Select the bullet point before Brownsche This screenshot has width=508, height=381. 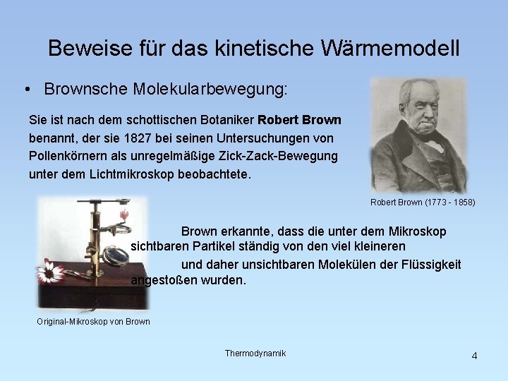click(x=26, y=90)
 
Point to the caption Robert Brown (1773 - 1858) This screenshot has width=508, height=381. click(x=423, y=202)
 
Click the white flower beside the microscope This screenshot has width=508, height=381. click(x=50, y=270)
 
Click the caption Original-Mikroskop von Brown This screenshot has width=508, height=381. click(x=93, y=322)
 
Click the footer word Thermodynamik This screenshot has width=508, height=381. click(x=255, y=353)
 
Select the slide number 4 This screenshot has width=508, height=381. click(x=474, y=356)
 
